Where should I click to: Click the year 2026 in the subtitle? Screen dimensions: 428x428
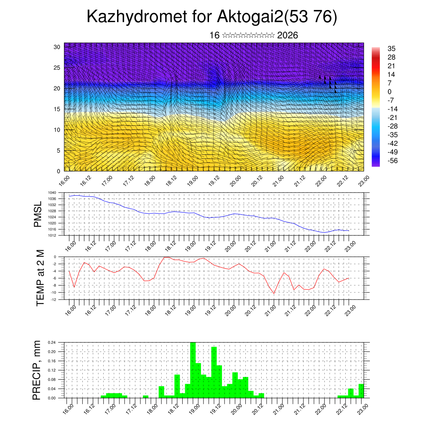287,36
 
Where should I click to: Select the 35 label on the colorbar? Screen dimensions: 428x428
392,49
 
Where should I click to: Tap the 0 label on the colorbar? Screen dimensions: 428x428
390,92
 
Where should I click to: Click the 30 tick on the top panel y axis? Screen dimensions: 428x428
57,47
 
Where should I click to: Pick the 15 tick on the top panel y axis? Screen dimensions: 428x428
57,109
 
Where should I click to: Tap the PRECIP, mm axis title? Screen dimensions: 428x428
37,370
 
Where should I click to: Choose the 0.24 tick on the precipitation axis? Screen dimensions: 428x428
52,343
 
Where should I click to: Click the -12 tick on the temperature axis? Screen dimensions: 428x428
53,299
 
